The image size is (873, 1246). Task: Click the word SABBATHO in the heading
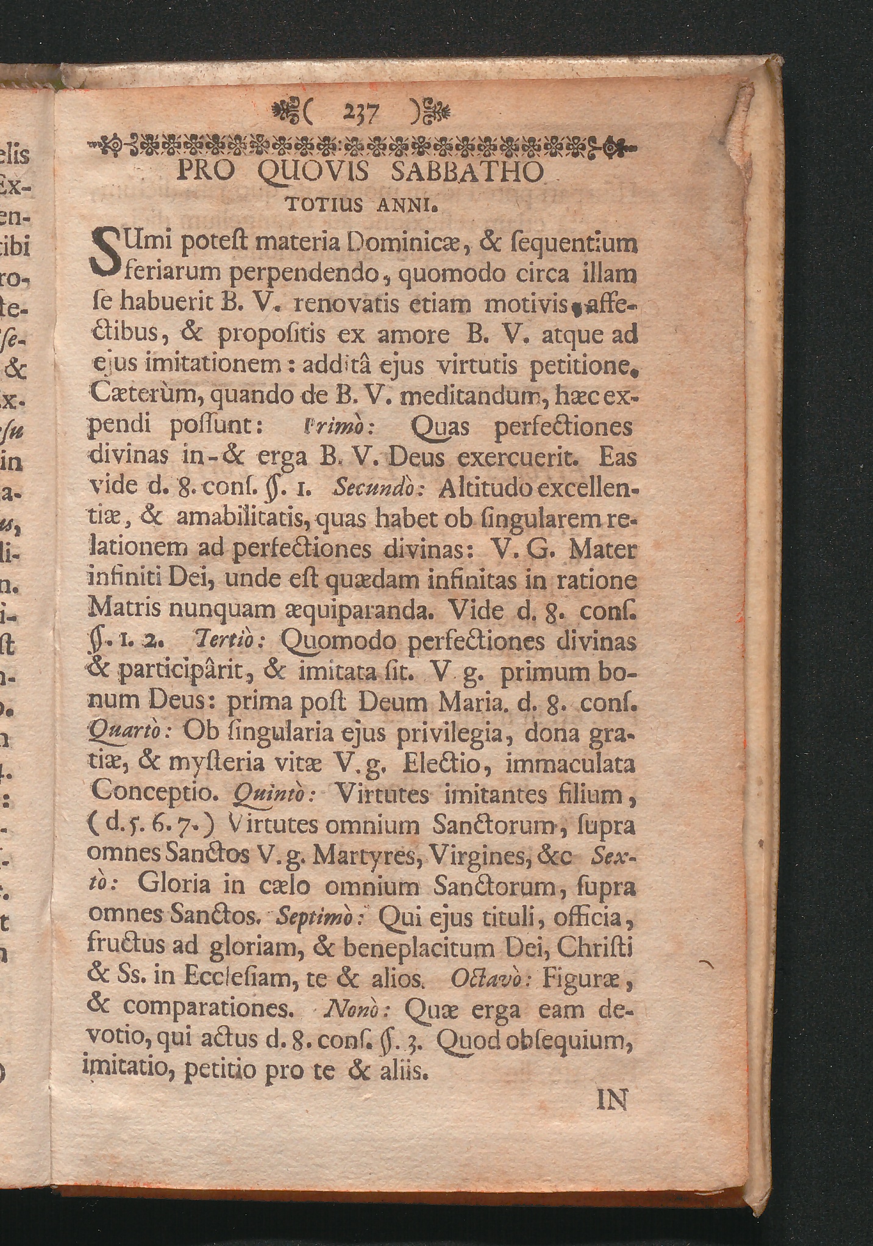[x=466, y=173]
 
